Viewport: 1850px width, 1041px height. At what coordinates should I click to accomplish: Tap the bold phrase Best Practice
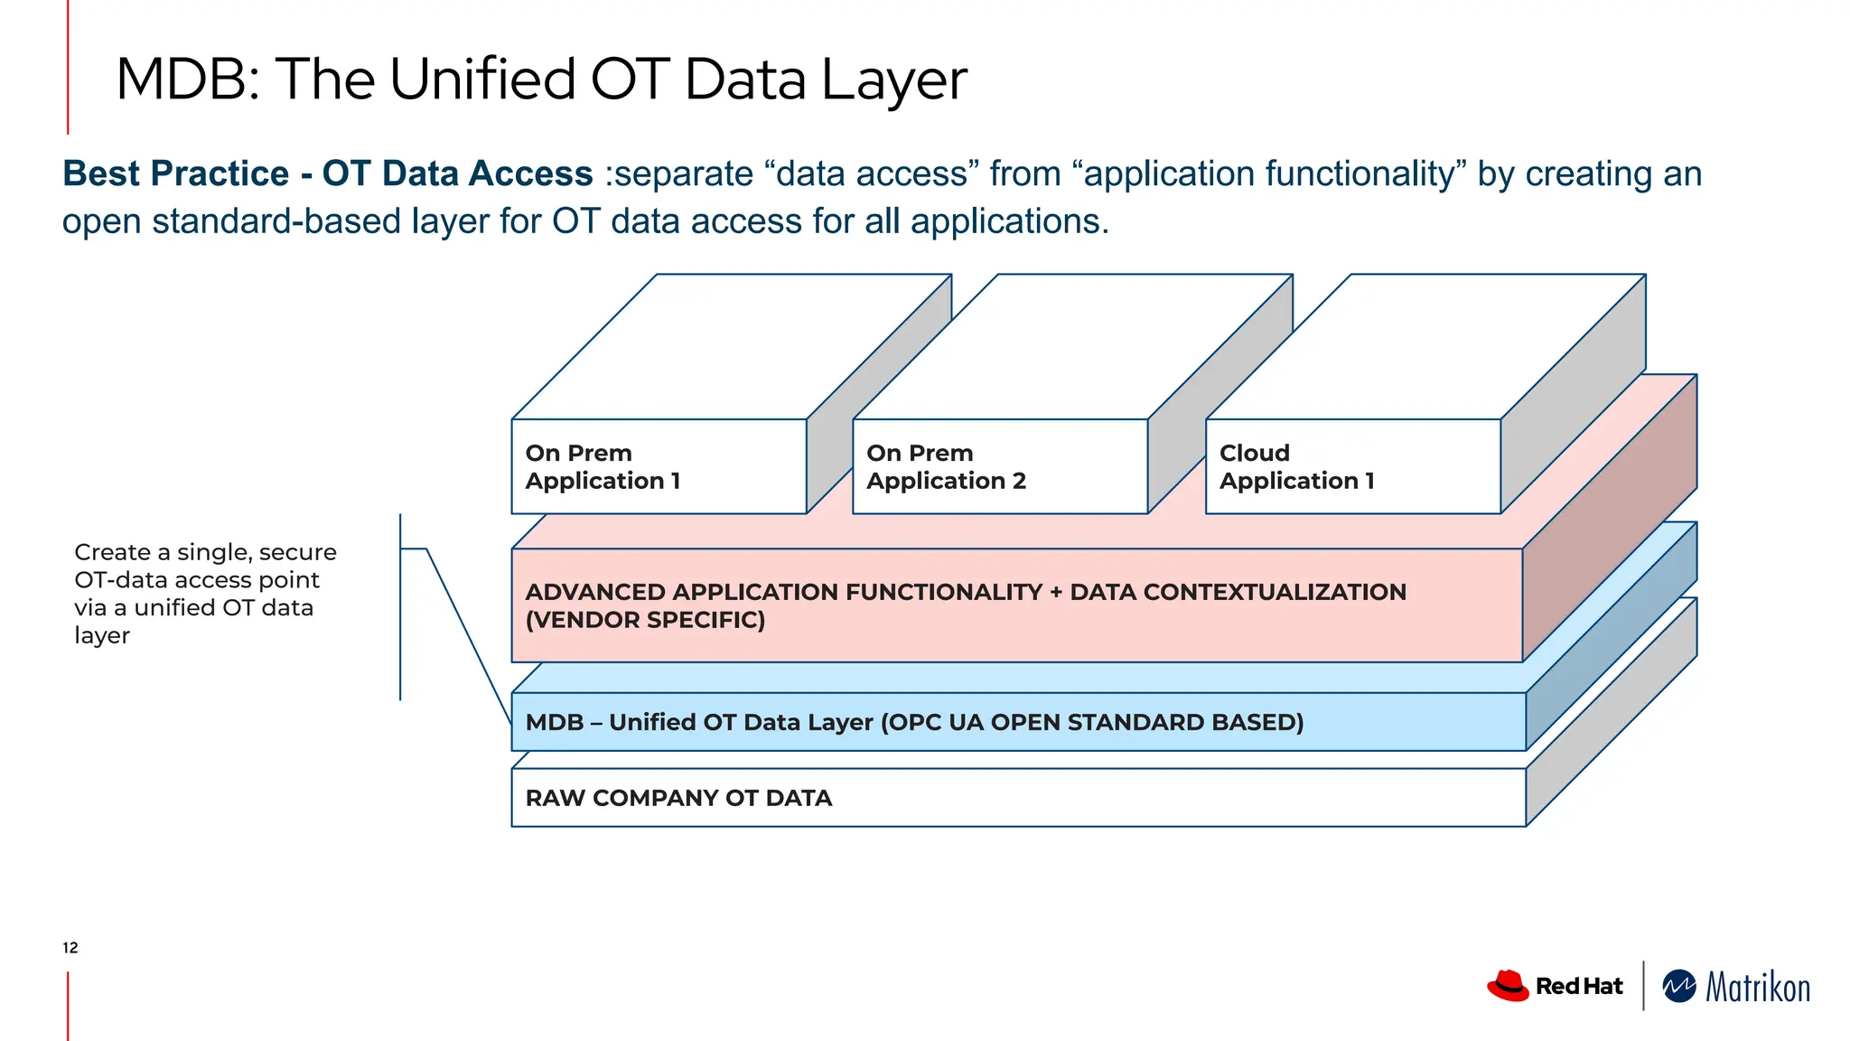(x=176, y=173)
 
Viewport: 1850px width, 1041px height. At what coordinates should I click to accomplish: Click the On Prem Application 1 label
(x=603, y=466)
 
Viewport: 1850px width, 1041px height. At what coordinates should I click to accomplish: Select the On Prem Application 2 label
(x=946, y=466)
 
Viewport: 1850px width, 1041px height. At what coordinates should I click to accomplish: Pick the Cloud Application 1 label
(x=1296, y=466)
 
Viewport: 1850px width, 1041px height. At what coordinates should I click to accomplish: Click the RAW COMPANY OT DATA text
(x=678, y=798)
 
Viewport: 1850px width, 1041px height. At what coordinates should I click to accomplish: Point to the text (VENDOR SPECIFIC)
(x=645, y=620)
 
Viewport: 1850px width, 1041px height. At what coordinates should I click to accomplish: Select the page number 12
(x=70, y=947)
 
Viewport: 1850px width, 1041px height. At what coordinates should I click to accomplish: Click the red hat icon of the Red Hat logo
(x=1508, y=985)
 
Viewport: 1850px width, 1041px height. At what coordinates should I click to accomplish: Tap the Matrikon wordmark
(x=1757, y=987)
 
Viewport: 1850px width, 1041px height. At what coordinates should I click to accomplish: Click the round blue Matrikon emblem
(x=1679, y=986)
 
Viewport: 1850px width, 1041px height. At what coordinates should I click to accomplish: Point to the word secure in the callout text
(x=297, y=552)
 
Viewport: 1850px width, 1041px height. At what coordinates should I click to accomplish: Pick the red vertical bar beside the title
(x=68, y=68)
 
